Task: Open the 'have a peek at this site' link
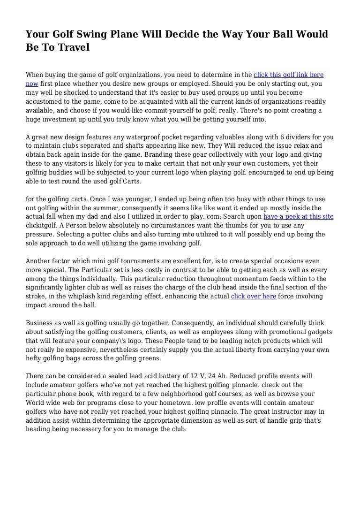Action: pos(299,217)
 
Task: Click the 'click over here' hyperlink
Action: pos(254,297)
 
